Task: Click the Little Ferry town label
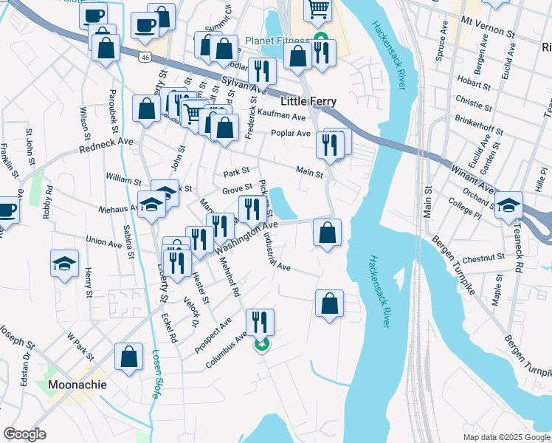(x=308, y=101)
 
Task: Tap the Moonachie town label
(x=77, y=385)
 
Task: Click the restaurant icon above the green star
(x=260, y=321)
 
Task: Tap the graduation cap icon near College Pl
(x=508, y=205)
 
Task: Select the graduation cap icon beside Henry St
(x=64, y=263)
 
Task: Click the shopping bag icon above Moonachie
(x=129, y=357)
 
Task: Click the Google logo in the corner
(x=24, y=434)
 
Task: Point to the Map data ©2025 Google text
(x=506, y=436)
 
